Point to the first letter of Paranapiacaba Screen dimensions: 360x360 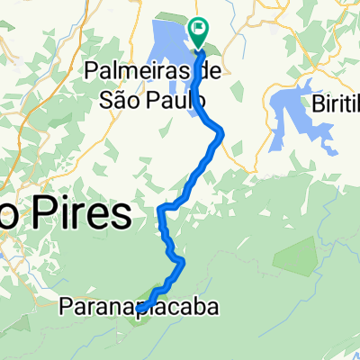(66, 308)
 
